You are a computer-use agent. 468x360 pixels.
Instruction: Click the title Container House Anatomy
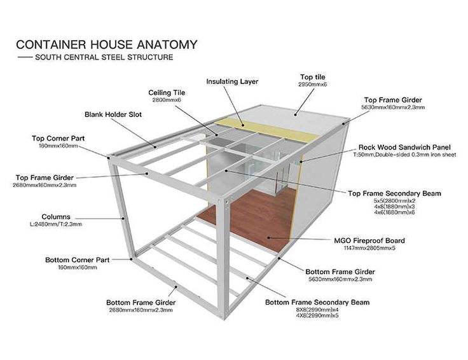(x=106, y=45)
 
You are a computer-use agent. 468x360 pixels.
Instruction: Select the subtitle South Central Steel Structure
(x=104, y=57)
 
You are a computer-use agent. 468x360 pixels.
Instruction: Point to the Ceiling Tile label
(x=167, y=93)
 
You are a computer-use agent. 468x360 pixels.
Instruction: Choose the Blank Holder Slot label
(x=113, y=115)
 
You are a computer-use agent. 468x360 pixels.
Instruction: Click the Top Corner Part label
(x=58, y=138)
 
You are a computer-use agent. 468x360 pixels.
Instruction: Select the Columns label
(x=56, y=216)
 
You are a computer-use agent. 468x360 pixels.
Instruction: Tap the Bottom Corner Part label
(x=77, y=260)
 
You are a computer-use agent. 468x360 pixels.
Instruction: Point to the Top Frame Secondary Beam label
(x=395, y=193)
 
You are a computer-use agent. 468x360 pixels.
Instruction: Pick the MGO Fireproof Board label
(x=369, y=241)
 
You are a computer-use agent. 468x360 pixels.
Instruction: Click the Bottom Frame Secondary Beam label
(x=317, y=302)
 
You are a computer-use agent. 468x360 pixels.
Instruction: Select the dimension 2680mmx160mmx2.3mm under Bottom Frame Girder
(x=141, y=310)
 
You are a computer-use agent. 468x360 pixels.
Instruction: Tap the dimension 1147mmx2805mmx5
(x=369, y=249)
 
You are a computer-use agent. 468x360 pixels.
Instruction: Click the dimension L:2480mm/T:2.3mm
(x=56, y=224)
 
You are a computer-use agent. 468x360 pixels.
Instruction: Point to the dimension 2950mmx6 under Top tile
(x=312, y=85)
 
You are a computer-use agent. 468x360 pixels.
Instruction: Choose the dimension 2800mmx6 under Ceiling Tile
(x=167, y=100)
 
